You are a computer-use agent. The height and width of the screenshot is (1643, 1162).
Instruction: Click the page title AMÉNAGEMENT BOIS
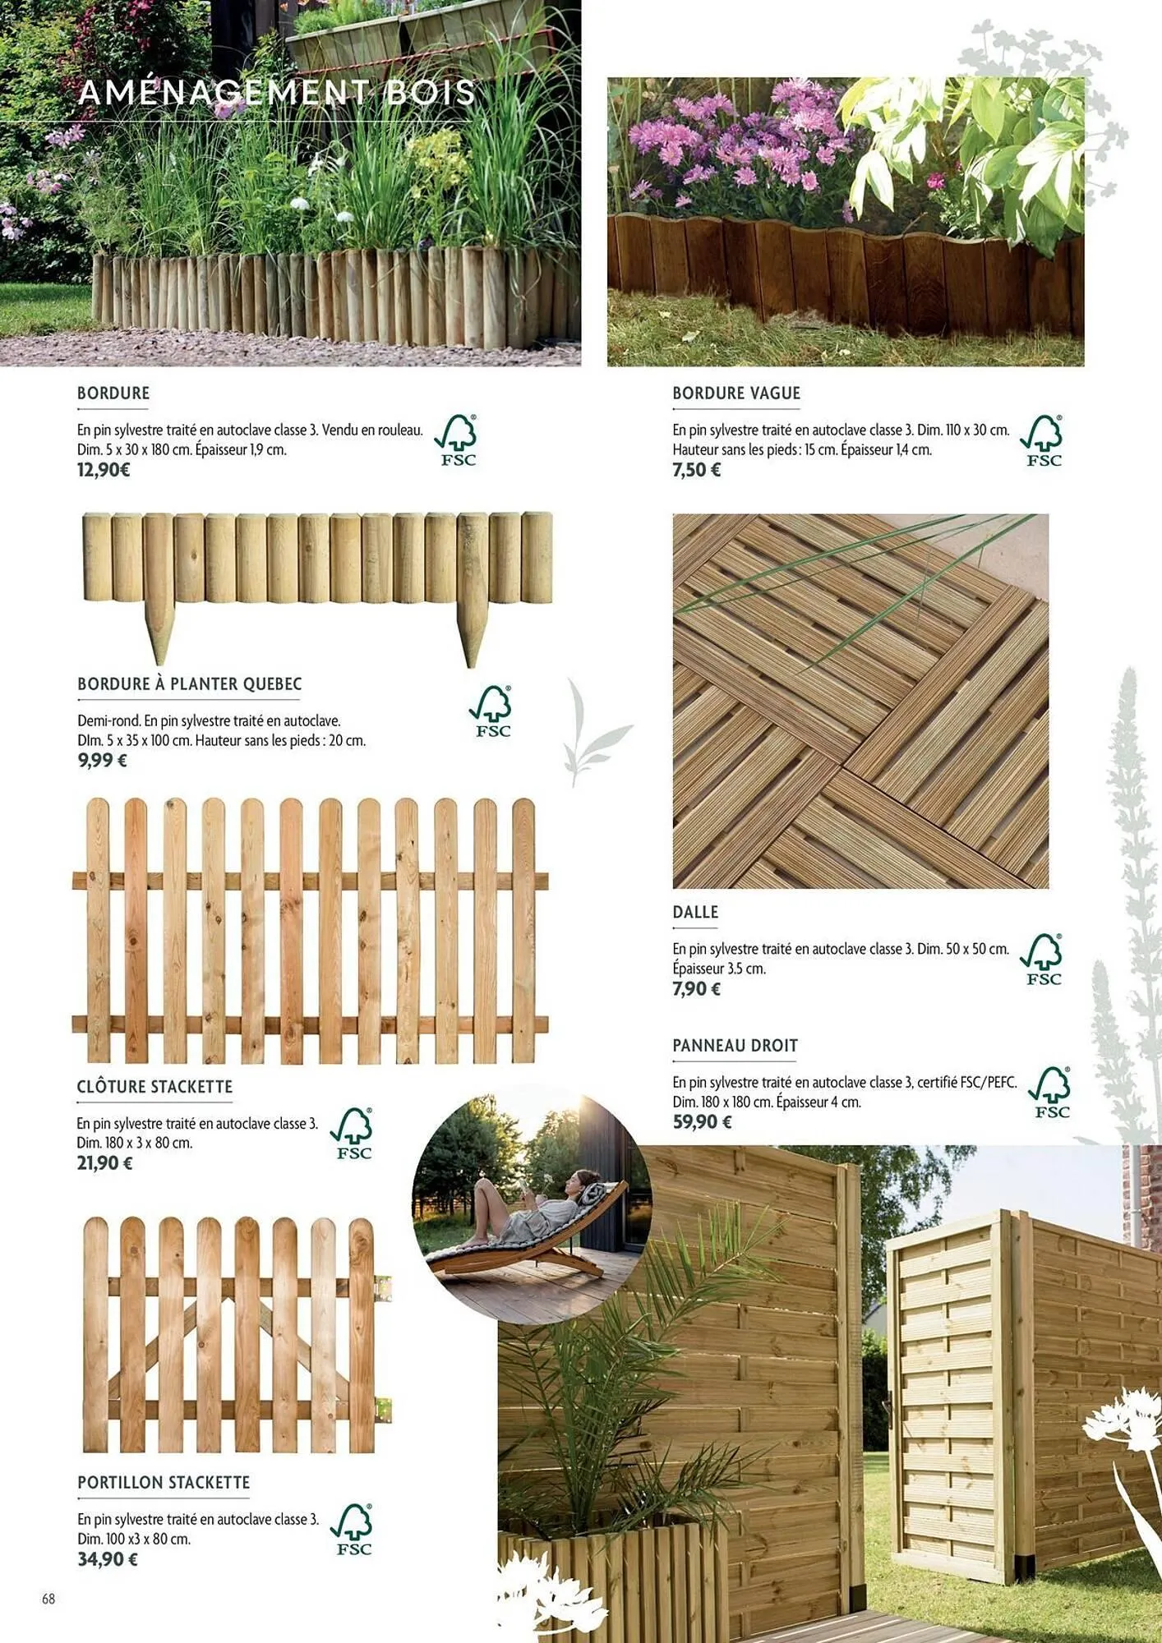tap(277, 92)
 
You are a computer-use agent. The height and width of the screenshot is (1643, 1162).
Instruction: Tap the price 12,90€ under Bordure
tap(104, 470)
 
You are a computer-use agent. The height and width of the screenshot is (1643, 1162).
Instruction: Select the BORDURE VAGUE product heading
tap(735, 393)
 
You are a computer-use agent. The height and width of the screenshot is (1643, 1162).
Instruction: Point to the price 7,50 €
tap(696, 470)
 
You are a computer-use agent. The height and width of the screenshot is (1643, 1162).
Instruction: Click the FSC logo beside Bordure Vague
tap(1042, 440)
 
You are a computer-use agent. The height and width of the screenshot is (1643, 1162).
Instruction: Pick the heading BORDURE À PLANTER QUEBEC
tap(189, 684)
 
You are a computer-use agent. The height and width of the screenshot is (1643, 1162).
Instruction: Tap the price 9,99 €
tap(102, 760)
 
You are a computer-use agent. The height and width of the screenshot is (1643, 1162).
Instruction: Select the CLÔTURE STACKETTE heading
tap(154, 1087)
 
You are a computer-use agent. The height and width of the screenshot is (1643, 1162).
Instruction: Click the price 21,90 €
tap(104, 1162)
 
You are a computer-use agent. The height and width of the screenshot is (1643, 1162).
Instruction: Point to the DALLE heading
tap(695, 912)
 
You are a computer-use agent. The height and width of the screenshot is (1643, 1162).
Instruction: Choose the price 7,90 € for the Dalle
tap(696, 988)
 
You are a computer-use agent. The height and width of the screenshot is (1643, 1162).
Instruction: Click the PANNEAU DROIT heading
tap(735, 1046)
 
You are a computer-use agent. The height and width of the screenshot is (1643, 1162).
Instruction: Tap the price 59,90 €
tap(701, 1121)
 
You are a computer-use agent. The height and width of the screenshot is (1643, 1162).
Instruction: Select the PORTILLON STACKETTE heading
tap(164, 1483)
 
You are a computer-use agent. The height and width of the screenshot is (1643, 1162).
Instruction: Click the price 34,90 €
tap(108, 1558)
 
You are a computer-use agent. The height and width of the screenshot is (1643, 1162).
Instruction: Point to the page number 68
tap(48, 1599)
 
